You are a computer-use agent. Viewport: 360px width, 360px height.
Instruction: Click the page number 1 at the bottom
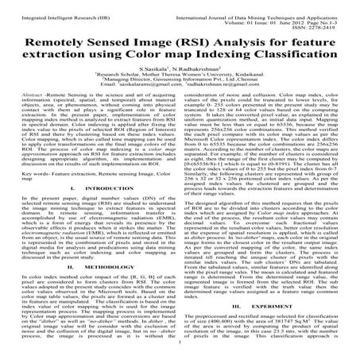(180, 354)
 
